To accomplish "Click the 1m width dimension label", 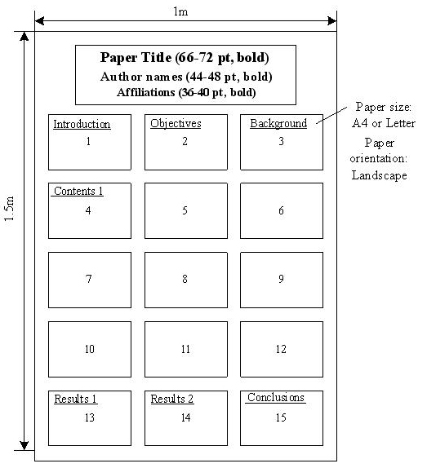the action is tap(180, 11).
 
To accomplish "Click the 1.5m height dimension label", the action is tap(9, 209).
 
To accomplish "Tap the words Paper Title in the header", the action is tap(136, 58).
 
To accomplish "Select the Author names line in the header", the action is tap(186, 77).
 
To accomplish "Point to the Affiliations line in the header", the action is tap(186, 92).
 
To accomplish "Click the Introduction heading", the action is tap(82, 124).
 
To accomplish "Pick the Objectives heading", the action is tap(176, 124).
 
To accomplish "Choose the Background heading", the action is tap(278, 124).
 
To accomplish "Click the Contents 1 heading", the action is tap(78, 191).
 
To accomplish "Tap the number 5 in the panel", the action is tap(185, 210).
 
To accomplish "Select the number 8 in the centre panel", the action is tap(185, 279).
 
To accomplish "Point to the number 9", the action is tap(281, 279).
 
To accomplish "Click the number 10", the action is tap(90, 349).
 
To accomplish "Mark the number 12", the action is tap(281, 349).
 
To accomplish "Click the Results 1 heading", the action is tap(75, 399).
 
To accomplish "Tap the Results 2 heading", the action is tap(172, 399).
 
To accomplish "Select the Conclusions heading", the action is tap(275, 398).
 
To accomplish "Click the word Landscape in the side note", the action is tap(379, 175).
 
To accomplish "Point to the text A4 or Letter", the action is tap(384, 123).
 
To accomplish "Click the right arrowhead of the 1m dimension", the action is tap(332, 21).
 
